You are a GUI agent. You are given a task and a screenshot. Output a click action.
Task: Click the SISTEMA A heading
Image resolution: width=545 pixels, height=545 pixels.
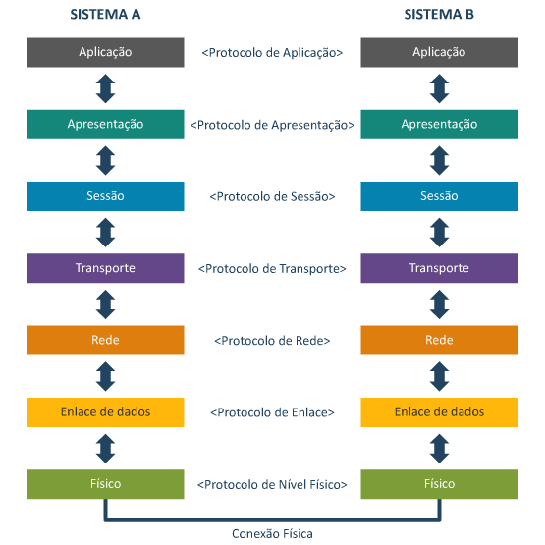[x=105, y=15]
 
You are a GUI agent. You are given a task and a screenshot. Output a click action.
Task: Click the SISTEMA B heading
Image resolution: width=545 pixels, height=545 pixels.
[x=439, y=15]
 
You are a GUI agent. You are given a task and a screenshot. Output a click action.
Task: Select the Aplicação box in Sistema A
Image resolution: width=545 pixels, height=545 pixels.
[x=105, y=52]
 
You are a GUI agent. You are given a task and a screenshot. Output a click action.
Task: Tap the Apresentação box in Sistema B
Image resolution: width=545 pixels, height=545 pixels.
[x=439, y=125]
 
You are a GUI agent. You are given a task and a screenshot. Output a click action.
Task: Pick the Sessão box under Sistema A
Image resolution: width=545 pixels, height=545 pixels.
[x=105, y=196]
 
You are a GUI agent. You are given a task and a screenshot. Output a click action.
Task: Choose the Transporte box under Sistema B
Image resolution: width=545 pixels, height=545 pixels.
[x=439, y=268]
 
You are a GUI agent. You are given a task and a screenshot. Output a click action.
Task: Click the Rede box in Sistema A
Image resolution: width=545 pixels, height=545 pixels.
[x=105, y=341]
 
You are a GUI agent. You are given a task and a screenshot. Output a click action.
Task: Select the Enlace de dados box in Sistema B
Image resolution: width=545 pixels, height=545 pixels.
[x=439, y=412]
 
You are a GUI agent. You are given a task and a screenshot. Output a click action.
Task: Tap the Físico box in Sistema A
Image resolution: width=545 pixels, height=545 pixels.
[x=105, y=484]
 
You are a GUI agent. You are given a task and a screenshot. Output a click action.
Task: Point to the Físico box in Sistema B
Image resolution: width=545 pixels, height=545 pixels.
[x=439, y=484]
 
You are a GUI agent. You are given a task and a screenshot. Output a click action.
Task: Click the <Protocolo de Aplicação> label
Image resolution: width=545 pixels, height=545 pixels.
[x=272, y=53]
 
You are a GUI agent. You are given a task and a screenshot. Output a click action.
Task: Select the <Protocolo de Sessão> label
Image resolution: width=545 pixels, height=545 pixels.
[x=272, y=196]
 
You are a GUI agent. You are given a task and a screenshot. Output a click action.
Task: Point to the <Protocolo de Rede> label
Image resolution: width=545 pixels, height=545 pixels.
[x=272, y=341]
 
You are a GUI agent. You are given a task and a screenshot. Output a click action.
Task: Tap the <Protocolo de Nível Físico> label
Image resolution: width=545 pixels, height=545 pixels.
[x=272, y=484]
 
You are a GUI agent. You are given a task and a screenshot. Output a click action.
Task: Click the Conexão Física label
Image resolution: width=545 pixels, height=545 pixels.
[x=272, y=533]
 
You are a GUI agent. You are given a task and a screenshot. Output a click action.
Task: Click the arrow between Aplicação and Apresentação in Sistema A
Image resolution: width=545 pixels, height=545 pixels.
[x=106, y=88]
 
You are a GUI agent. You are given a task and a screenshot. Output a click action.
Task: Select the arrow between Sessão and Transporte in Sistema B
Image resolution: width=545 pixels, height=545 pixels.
[x=439, y=233]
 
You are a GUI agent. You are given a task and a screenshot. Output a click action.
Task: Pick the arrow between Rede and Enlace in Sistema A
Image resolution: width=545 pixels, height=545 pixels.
[x=106, y=376]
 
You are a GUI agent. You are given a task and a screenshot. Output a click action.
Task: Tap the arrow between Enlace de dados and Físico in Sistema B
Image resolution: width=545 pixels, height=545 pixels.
[x=439, y=449]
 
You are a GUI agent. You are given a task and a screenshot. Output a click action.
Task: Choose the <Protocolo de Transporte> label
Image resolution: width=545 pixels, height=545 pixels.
[x=272, y=269]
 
